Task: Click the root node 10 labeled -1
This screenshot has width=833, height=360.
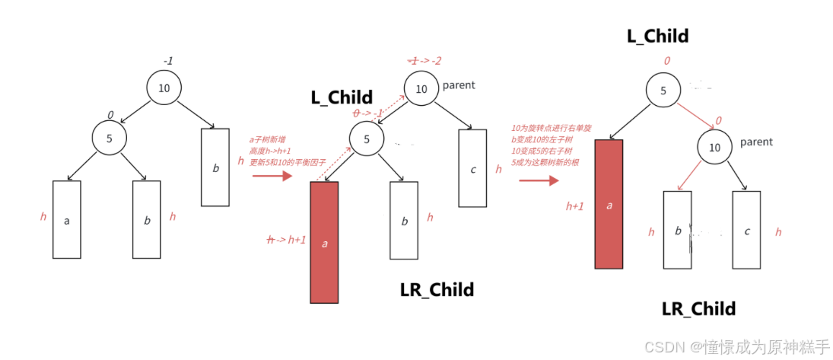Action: click(164, 88)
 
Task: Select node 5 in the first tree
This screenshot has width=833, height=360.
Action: click(110, 139)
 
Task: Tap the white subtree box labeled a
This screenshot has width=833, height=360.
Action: click(67, 219)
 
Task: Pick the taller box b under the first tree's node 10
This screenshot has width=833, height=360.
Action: click(215, 167)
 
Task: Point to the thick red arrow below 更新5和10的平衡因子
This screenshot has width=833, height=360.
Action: click(272, 177)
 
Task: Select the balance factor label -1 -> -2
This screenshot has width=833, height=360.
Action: click(426, 60)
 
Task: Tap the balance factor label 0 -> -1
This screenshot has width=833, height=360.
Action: click(367, 113)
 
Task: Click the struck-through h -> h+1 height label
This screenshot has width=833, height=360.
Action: click(286, 239)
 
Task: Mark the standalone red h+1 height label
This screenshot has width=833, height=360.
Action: click(574, 205)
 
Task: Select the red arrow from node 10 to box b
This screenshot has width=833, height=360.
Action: click(688, 174)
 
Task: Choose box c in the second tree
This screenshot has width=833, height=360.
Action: click(472, 168)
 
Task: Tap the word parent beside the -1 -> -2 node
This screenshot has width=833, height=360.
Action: click(459, 85)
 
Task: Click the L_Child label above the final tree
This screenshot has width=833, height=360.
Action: click(657, 36)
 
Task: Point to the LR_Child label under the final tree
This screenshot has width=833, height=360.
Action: click(698, 308)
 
